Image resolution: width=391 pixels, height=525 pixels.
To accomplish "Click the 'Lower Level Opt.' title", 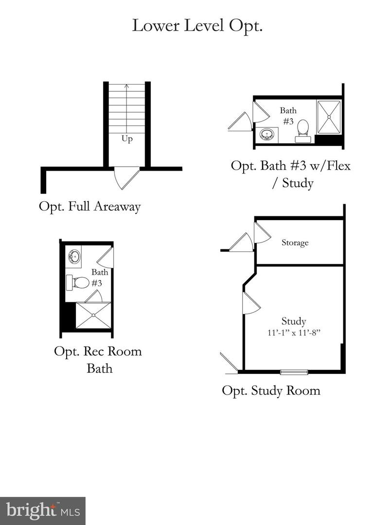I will [197, 26].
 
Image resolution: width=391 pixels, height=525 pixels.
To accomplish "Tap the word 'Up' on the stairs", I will [127, 139].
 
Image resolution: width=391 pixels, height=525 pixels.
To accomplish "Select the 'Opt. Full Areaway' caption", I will [90, 207].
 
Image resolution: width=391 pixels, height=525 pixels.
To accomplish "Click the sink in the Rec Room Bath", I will [74, 256].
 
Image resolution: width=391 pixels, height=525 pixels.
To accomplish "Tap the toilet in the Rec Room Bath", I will [79, 282].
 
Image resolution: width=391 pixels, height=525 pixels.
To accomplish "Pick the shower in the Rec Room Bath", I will [93, 315].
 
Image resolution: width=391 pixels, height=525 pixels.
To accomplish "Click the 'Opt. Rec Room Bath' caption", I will [98, 359].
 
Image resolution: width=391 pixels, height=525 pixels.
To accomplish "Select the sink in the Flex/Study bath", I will [267, 135].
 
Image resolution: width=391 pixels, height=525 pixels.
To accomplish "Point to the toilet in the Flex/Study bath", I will [303, 130].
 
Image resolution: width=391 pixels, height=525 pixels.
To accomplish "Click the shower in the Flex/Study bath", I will [329, 117].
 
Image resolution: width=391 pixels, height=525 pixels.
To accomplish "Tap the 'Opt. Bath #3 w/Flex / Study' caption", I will [290, 174].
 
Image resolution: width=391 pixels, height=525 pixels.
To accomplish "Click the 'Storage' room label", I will [295, 243].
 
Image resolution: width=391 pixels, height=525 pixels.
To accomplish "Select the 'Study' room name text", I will [294, 321].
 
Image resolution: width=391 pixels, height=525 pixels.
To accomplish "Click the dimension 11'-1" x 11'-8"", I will [294, 332].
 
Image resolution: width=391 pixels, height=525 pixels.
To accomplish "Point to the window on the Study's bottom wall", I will [294, 372].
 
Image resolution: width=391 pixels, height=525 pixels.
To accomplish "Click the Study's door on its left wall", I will [250, 303].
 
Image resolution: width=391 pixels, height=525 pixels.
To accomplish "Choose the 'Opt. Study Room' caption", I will [271, 390].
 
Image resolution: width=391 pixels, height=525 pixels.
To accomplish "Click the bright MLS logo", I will [42, 511].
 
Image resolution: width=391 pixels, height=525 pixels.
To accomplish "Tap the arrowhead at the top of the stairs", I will [127, 87].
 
